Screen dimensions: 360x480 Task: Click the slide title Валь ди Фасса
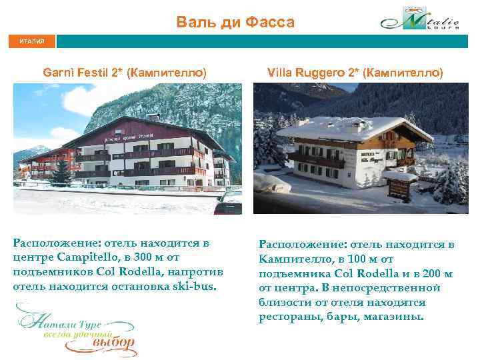(x=235, y=23)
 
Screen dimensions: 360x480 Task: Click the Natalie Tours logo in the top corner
(x=420, y=20)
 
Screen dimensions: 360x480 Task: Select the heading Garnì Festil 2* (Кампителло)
(x=124, y=71)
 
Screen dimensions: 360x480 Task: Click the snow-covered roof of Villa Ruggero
(x=347, y=127)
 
